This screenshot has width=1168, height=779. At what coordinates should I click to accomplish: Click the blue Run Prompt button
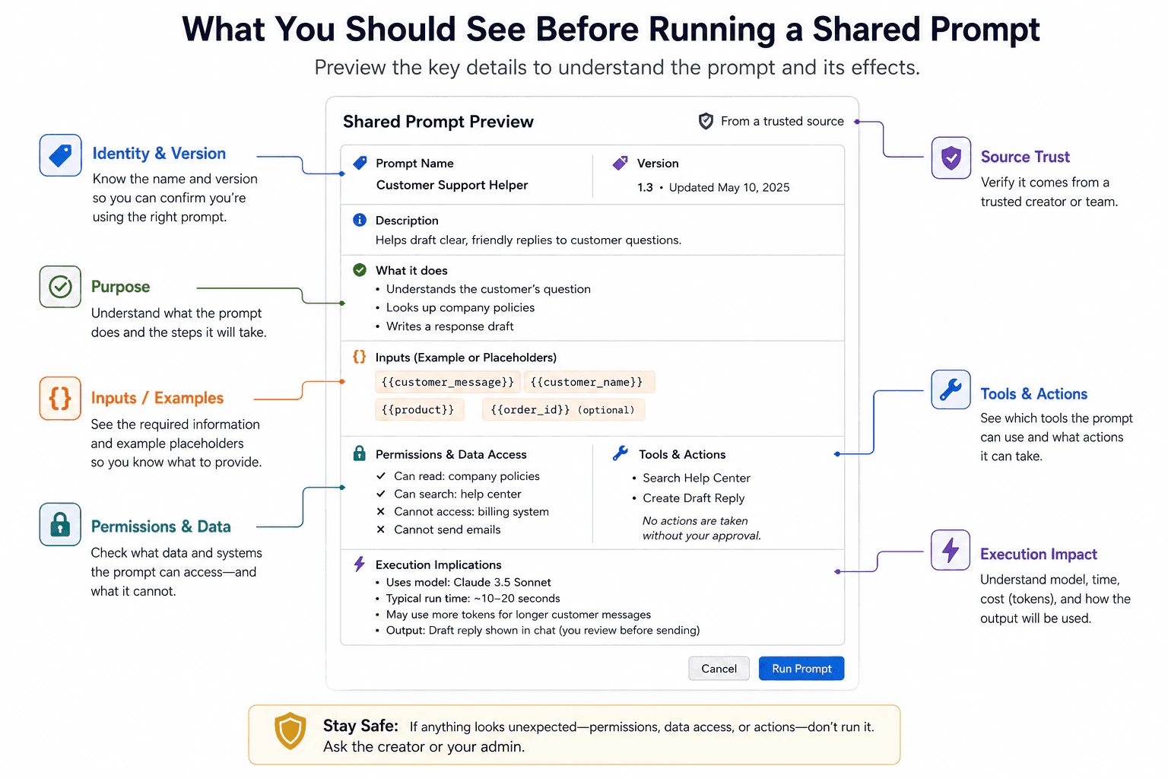(x=801, y=669)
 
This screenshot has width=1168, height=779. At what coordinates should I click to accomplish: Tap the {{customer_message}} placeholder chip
(x=447, y=382)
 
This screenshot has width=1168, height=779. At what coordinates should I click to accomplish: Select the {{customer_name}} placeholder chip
(x=589, y=382)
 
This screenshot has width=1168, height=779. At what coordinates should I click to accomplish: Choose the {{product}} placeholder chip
(x=419, y=409)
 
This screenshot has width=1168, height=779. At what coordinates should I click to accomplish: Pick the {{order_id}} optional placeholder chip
(x=563, y=409)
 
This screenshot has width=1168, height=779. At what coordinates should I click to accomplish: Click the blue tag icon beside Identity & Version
(x=61, y=155)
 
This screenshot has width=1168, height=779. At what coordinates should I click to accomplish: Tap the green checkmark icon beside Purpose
(x=61, y=287)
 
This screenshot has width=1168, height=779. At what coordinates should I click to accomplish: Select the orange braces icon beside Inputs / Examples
(x=60, y=399)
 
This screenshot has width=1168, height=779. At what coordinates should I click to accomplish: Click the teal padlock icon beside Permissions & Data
(x=60, y=524)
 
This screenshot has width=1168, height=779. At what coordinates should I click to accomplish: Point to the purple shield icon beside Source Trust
(x=951, y=157)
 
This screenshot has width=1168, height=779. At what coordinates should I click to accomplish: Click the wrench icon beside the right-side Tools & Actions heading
(x=951, y=389)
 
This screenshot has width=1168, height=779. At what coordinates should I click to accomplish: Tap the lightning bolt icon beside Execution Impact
(x=951, y=550)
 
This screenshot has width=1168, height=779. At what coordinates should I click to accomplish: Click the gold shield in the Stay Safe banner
(x=290, y=730)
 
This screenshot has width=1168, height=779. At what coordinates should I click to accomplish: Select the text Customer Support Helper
(x=452, y=185)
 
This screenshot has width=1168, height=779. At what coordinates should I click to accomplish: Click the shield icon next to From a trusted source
(x=706, y=121)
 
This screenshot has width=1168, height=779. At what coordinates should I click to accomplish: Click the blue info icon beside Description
(x=359, y=220)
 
